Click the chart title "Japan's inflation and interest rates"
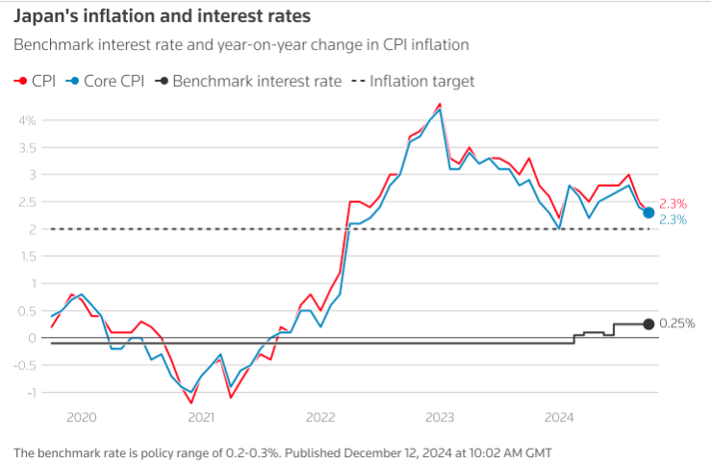point(162,17)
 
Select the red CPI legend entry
point(36,81)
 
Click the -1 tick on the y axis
point(29,392)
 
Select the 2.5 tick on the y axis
point(26,202)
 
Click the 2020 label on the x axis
point(82,417)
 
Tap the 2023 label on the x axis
point(440,417)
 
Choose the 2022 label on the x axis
point(320,417)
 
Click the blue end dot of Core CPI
point(648,213)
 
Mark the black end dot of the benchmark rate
point(648,323)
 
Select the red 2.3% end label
point(673,203)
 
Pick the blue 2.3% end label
point(673,219)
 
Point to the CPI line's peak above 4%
point(440,104)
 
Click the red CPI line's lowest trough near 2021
point(192,402)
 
